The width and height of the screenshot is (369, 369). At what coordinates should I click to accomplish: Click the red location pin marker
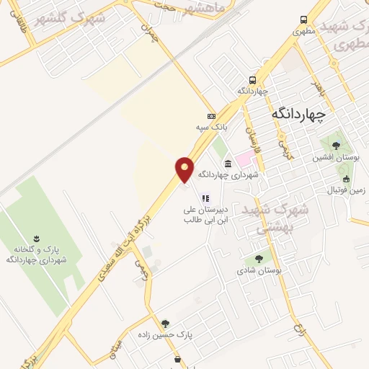pos(185,170)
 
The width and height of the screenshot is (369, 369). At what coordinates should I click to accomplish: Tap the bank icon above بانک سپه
pos(211,116)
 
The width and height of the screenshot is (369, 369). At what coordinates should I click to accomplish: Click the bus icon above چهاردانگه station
pos(252,80)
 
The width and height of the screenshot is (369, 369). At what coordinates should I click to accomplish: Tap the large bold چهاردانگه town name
pos(299,113)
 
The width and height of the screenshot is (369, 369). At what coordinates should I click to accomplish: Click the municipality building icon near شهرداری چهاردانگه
pos(228,163)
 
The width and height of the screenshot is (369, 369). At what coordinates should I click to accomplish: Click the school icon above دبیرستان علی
pos(205,197)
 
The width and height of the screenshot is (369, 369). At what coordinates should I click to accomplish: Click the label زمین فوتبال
pos(347,191)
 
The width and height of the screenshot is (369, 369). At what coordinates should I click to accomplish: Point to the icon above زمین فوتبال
pos(347,179)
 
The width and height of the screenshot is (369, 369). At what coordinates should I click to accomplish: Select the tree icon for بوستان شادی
pos(258,259)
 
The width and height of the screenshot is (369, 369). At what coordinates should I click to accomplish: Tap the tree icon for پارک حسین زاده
pos(166,324)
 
